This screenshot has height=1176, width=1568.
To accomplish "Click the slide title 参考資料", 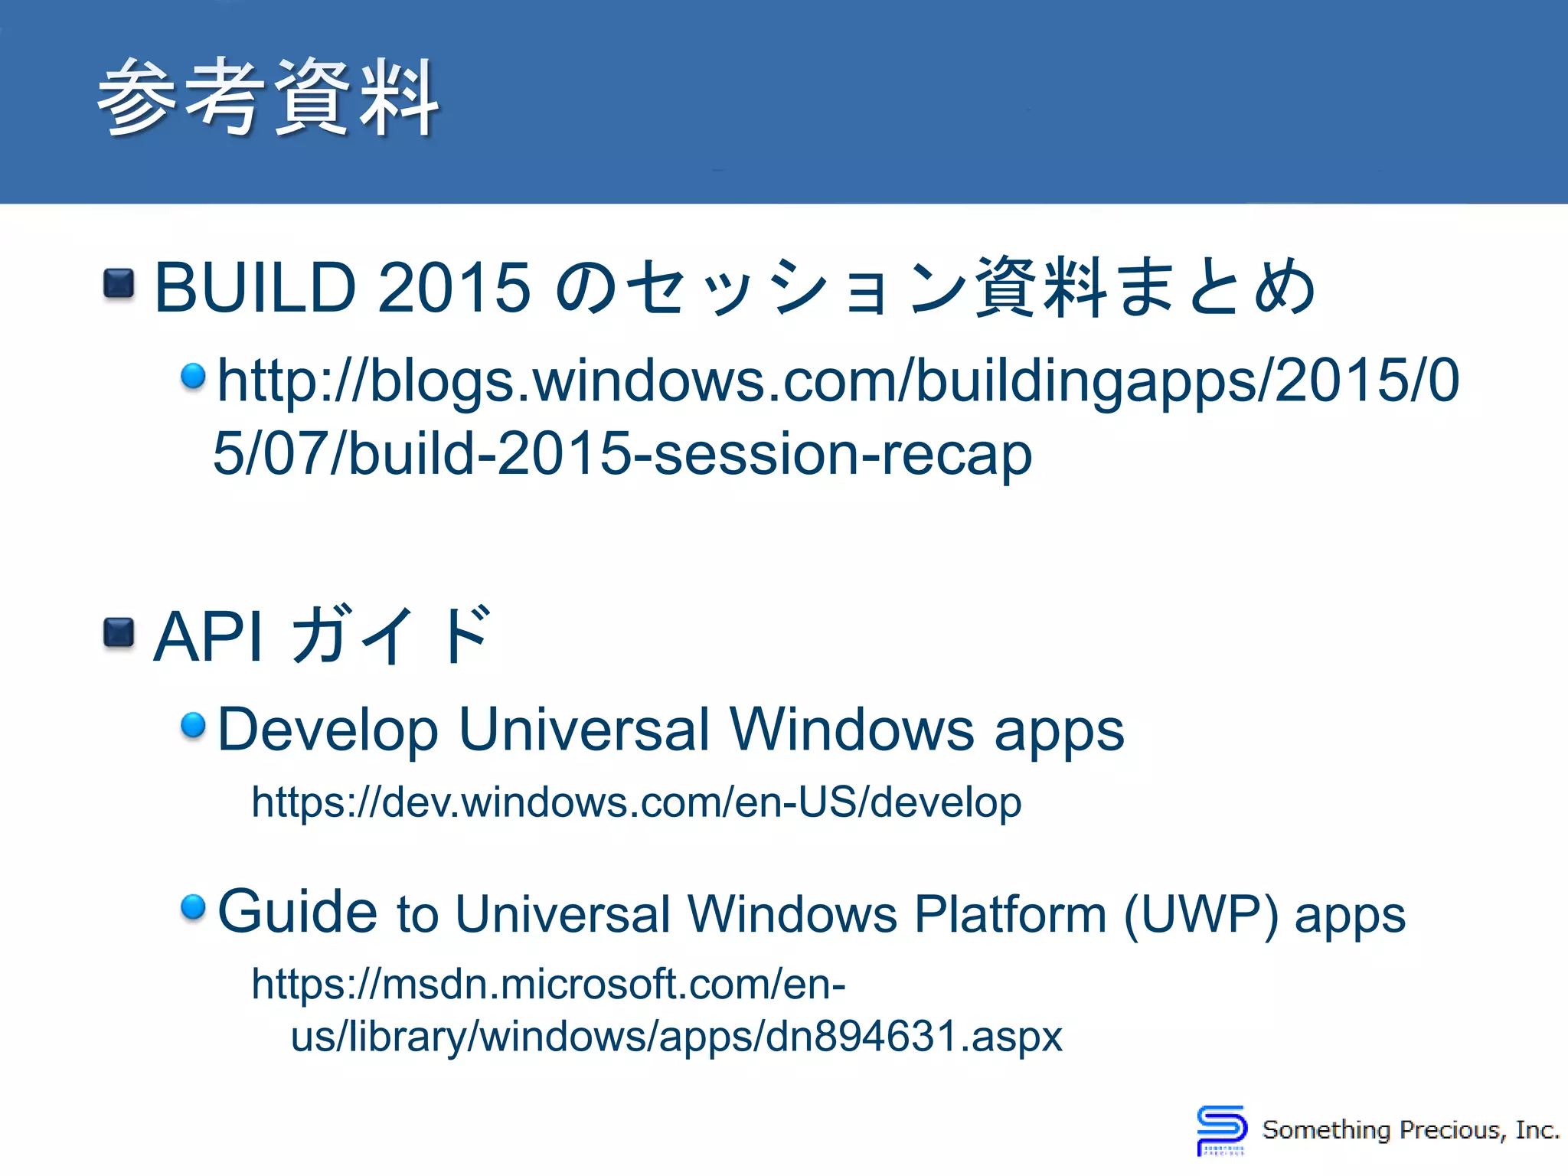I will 268,98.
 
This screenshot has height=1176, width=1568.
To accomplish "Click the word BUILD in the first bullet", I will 256,288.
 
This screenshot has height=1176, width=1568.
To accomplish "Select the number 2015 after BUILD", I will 454,288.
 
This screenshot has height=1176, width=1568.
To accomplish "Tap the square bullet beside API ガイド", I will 119,633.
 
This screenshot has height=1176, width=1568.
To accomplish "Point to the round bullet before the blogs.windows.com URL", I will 193,375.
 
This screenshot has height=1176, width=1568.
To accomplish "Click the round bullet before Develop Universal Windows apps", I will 193,724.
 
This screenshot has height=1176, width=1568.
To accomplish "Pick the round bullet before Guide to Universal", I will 193,907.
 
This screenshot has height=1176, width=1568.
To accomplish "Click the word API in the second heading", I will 209,636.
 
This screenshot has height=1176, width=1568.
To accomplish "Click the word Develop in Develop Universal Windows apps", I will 328,730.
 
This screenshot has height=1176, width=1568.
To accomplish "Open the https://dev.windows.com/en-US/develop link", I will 636,802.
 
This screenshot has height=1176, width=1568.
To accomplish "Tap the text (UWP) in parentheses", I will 1200,914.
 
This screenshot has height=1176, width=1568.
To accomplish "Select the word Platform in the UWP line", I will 1010,914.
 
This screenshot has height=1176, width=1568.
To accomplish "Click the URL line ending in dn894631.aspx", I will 677,1036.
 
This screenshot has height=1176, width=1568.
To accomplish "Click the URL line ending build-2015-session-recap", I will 622,453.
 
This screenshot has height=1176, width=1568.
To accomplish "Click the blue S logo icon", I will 1221,1129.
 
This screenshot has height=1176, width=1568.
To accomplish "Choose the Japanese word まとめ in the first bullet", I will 1217,288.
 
